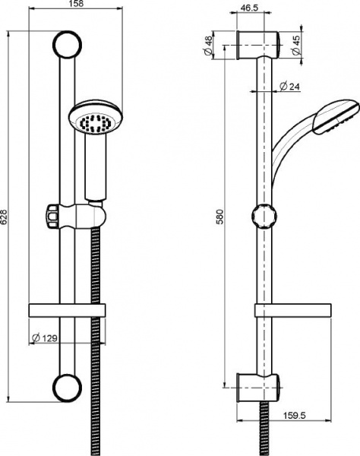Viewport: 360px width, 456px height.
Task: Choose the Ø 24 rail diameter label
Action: click(289, 87)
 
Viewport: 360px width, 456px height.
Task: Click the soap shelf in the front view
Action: click(66, 310)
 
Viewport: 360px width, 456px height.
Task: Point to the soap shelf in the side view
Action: click(292, 311)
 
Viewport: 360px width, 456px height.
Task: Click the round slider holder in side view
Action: click(263, 216)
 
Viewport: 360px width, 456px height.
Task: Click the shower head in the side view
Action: click(334, 118)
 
